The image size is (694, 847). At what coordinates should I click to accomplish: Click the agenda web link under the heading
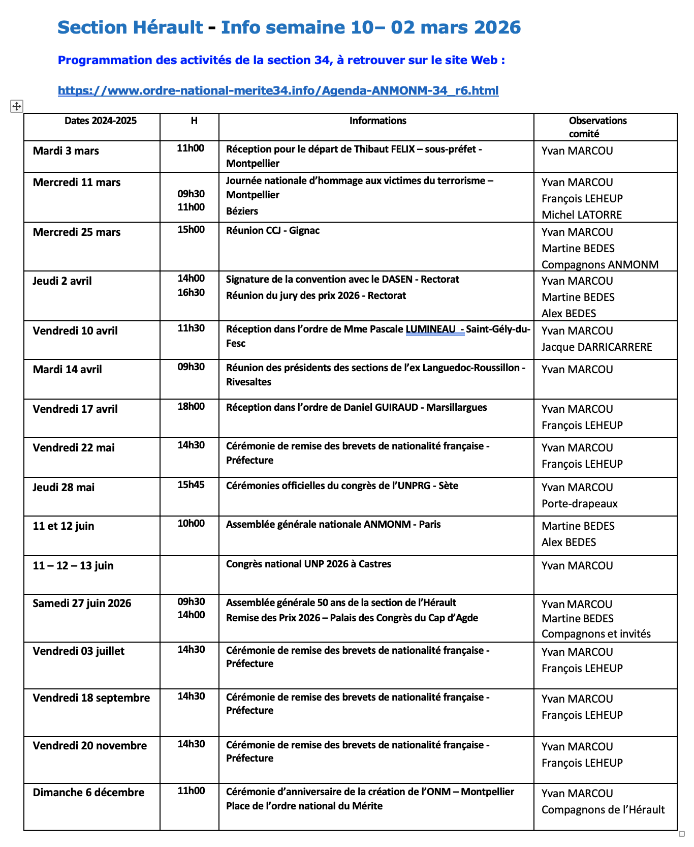coord(278,90)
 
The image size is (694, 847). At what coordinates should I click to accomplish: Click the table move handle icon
coord(17,106)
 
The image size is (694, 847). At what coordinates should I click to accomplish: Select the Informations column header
coord(377,121)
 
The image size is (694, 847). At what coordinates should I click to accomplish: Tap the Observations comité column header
coord(597,127)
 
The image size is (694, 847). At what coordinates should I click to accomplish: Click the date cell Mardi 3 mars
coord(66,151)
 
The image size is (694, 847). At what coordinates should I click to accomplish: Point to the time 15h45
coord(191,485)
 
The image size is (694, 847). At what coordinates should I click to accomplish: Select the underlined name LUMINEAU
coord(430,329)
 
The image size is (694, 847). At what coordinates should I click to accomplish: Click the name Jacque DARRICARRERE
coord(596,347)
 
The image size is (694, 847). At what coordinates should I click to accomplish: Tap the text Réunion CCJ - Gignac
coord(273,231)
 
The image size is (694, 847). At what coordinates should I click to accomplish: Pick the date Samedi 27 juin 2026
coord(82,603)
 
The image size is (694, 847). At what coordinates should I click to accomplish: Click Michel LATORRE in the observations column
coord(582,215)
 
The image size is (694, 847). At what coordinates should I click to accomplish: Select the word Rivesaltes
coord(248,382)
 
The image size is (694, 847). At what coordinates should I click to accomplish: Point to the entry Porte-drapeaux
coord(580,504)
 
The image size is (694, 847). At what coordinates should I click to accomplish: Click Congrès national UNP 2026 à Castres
coord(308,564)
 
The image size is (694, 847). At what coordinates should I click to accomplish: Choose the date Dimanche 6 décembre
coord(88,793)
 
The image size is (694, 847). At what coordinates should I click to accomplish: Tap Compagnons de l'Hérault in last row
coord(603,810)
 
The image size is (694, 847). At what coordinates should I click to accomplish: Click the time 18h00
coord(191,406)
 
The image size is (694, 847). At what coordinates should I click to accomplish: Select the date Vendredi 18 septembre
coord(91,698)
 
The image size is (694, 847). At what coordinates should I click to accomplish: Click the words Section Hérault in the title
coord(130,27)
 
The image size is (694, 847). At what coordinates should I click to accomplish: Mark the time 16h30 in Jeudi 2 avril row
coord(191,292)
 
